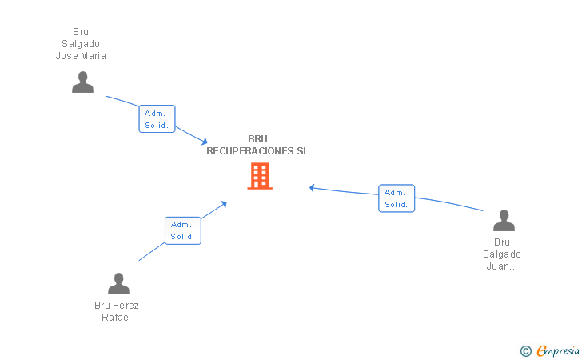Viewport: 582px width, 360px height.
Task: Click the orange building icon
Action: click(x=260, y=176)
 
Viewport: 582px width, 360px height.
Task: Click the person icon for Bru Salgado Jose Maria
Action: click(x=82, y=82)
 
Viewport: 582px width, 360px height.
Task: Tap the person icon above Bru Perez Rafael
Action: click(x=118, y=284)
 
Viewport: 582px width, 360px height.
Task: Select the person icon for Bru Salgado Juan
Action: click(x=504, y=221)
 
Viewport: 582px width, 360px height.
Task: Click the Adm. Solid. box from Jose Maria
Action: click(x=157, y=119)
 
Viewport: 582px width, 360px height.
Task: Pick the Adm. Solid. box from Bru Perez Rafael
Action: click(x=182, y=230)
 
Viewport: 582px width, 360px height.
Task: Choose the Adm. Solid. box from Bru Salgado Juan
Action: click(x=397, y=198)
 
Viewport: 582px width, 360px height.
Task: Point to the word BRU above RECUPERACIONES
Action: click(x=257, y=139)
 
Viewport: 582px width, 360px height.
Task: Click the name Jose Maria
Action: click(x=81, y=56)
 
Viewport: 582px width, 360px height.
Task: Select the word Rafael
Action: click(x=116, y=318)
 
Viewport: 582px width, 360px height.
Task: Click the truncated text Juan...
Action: click(x=501, y=266)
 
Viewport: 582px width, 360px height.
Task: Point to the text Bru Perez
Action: click(x=117, y=306)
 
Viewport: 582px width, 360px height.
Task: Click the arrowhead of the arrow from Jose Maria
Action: click(x=205, y=142)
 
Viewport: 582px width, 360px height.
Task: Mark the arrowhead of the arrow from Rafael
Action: click(x=225, y=203)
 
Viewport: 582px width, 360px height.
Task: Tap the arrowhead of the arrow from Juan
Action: click(x=313, y=188)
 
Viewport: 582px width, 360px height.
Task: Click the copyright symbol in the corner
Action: click(x=525, y=350)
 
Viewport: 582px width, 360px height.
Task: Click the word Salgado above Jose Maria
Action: click(x=81, y=44)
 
